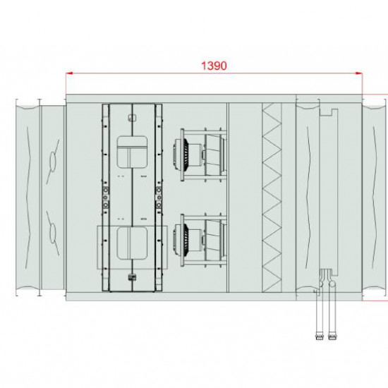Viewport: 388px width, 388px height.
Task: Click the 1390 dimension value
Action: (x=214, y=66)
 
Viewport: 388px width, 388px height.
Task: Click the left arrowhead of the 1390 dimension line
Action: (x=69, y=73)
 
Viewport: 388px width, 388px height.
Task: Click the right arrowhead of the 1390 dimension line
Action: (x=359, y=73)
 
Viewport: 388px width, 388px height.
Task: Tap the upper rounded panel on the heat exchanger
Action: (x=132, y=152)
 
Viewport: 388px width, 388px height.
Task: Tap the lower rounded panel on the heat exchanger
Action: (x=132, y=243)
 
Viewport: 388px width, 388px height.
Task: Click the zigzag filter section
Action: (x=272, y=198)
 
